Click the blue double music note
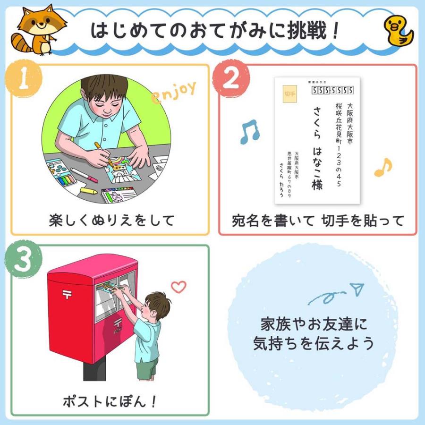coord(249,132)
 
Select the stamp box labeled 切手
coord(289,93)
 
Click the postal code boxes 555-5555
coord(333,90)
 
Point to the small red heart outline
coord(178,286)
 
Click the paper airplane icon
coord(357,288)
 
